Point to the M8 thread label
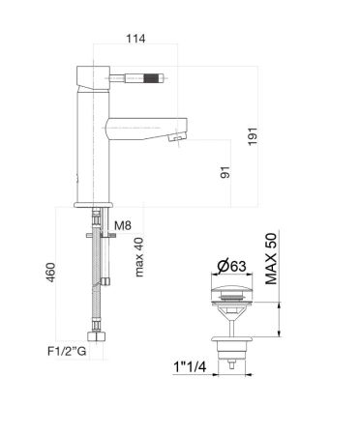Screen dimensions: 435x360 tap(122, 227)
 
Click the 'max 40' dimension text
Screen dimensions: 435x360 tap(141, 255)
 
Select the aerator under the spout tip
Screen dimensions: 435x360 tap(174, 139)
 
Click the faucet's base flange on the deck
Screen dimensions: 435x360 tap(95, 203)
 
